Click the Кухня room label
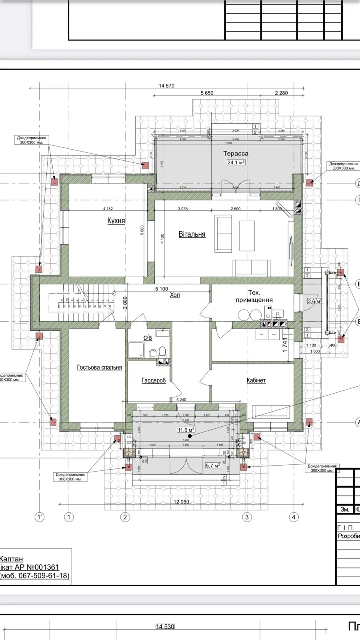[116, 220]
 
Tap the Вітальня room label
[192, 234]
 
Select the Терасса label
[236, 154]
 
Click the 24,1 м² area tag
[236, 162]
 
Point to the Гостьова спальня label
[99, 367]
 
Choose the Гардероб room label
[154, 380]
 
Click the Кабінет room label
[256, 380]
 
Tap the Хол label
[175, 295]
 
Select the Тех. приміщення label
[254, 296]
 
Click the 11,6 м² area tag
[186, 430]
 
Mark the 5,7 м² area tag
[213, 465]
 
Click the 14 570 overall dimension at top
[166, 86]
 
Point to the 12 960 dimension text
[181, 502]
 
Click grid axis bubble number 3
[247, 517]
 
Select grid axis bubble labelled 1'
[40, 517]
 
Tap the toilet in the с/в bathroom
[162, 352]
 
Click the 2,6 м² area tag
[315, 301]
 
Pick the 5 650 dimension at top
[207, 93]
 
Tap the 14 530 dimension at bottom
[165, 626]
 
